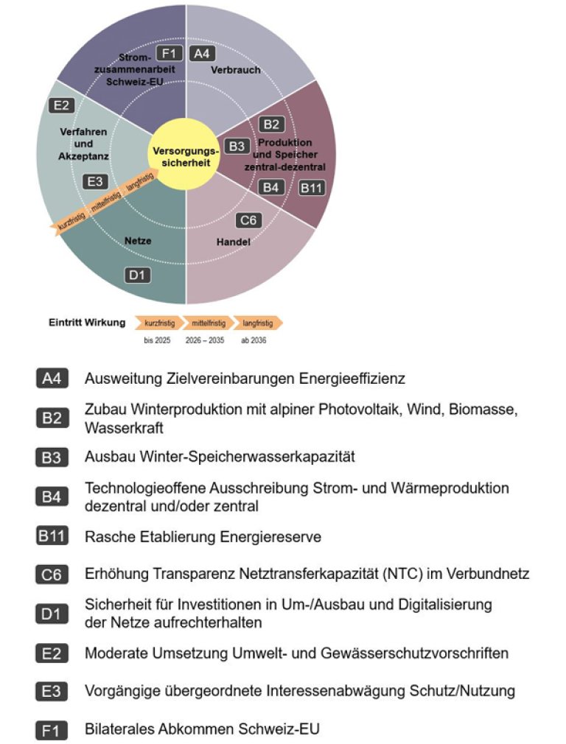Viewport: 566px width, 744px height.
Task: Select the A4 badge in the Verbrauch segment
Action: (x=201, y=53)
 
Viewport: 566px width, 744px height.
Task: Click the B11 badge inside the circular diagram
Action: (x=310, y=188)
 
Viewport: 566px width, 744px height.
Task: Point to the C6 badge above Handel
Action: (x=248, y=220)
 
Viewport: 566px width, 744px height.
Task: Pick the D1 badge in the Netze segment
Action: (x=138, y=276)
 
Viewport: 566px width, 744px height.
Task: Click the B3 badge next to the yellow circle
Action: (x=237, y=147)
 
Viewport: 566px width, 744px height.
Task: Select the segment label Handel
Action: (x=234, y=242)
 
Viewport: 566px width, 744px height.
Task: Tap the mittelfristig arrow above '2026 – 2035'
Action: (x=209, y=323)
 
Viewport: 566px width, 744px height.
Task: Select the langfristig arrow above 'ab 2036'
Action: (x=257, y=323)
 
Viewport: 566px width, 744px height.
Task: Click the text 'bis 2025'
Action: (x=157, y=342)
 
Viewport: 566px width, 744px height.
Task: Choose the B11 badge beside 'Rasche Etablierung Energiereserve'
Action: (x=52, y=536)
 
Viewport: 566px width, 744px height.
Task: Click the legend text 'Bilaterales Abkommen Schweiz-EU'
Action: (x=203, y=729)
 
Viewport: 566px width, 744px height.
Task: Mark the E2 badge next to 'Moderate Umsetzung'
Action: (x=52, y=653)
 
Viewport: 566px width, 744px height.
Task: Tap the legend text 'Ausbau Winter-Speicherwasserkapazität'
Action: (x=220, y=457)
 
